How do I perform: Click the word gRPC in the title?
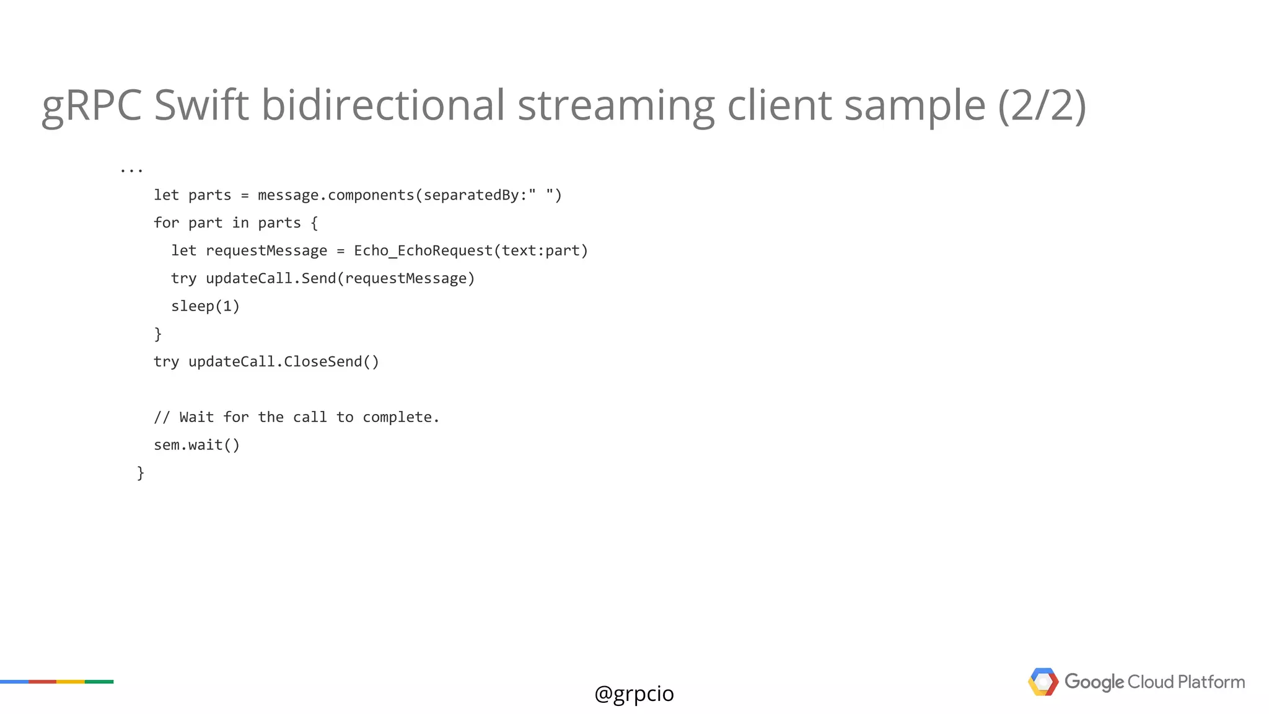tap(92, 105)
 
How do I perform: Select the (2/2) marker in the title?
tap(1042, 105)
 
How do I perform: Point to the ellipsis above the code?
tap(131, 169)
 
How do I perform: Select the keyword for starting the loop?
tap(166, 223)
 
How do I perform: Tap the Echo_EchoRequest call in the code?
tap(423, 251)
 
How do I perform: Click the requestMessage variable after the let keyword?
tap(266, 251)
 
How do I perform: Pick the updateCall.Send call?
tap(271, 279)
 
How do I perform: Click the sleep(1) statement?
tap(205, 306)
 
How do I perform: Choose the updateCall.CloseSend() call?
tap(283, 362)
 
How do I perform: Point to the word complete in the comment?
tap(400, 418)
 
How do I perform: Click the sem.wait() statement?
tap(196, 445)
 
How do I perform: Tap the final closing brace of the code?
tap(141, 474)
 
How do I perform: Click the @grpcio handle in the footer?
tap(634, 694)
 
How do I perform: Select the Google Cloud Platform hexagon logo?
tap(1043, 682)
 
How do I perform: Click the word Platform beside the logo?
tap(1211, 682)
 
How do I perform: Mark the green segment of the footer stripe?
tap(99, 682)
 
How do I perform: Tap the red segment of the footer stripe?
tap(42, 682)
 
